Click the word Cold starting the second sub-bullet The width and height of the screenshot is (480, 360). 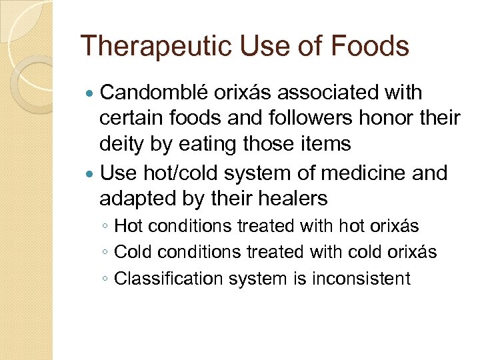(x=131, y=252)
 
